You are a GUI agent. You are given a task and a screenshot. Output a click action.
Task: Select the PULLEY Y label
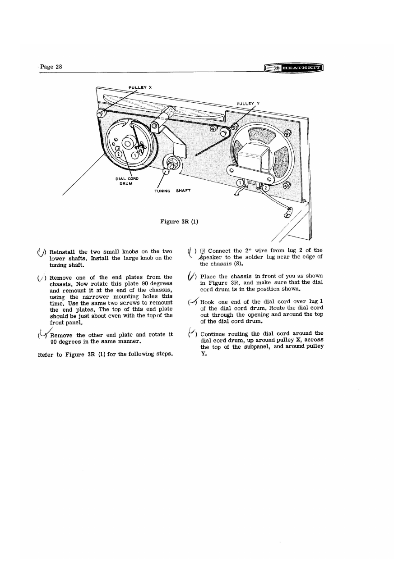(248, 103)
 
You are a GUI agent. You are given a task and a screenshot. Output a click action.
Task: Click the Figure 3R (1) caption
(179, 221)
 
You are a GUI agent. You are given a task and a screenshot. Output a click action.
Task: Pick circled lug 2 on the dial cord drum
(118, 154)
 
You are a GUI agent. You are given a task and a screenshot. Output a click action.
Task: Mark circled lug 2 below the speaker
(266, 187)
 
